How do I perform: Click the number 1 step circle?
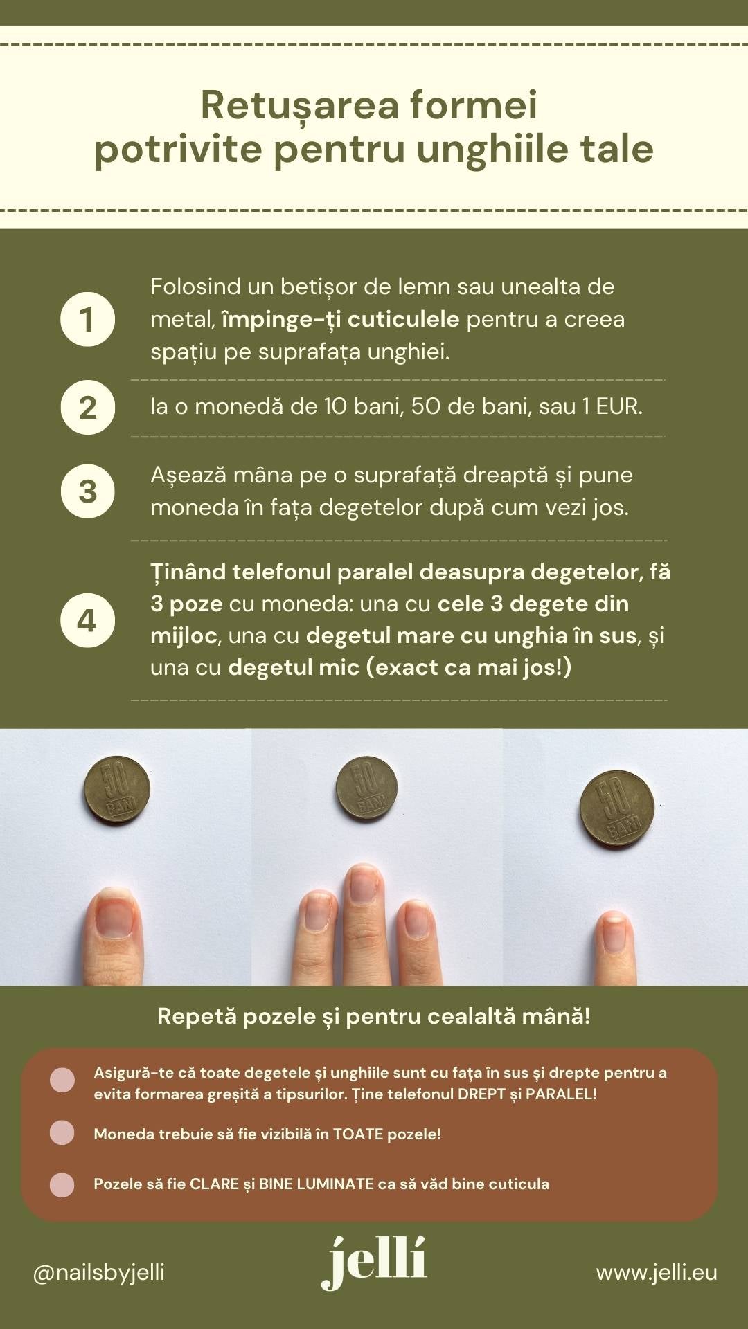point(87,319)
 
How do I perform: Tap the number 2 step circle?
point(87,407)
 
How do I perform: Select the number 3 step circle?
point(87,491)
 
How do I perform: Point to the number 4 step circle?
point(87,620)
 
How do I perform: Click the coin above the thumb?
point(117,788)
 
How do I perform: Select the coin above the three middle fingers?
point(366,787)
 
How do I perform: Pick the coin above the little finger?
point(616,810)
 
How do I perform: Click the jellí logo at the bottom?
point(374,1263)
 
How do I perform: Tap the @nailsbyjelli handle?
point(99,1272)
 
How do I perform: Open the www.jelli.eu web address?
point(657,1272)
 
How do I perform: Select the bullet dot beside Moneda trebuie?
point(62,1132)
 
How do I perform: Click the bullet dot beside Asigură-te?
point(62,1080)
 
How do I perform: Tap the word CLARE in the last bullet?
point(215,1184)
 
